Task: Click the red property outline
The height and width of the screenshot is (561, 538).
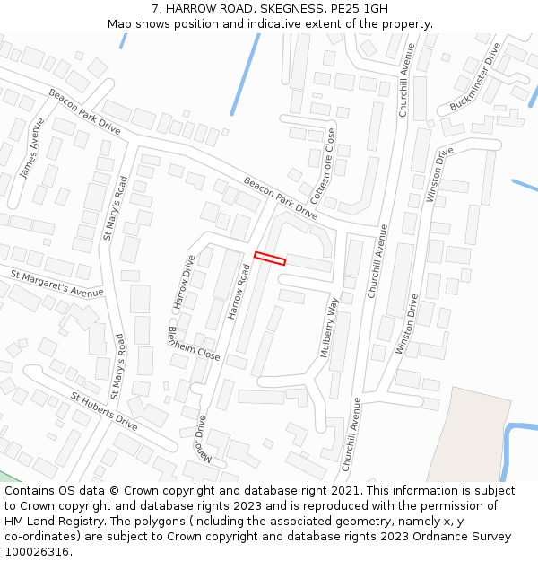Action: pos(270,259)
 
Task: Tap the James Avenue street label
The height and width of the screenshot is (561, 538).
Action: pos(32,148)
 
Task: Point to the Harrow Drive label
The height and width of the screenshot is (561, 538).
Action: pos(184,283)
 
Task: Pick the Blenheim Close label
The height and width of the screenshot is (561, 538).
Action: pos(194,343)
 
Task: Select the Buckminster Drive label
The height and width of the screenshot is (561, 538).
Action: pos(475,77)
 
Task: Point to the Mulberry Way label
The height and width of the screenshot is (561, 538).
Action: pos(330,328)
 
